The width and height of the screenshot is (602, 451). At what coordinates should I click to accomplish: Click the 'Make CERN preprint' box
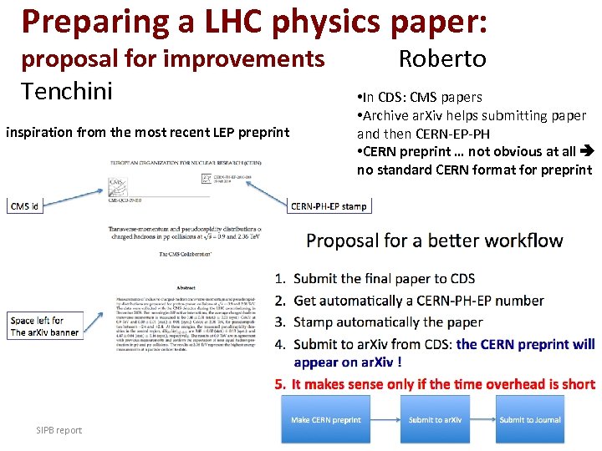(325, 420)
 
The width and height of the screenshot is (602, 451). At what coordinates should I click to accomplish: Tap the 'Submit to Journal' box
(530, 420)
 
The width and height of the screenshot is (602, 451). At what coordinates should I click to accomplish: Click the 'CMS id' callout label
(25, 206)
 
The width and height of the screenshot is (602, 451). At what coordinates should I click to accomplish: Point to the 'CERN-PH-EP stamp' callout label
(328, 206)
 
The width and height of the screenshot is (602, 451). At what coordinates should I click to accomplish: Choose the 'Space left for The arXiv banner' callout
(44, 326)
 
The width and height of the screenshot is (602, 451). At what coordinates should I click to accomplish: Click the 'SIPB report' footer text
(59, 430)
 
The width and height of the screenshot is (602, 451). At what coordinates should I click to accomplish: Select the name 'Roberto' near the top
(442, 59)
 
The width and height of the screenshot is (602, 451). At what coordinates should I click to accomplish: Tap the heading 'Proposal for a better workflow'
(435, 241)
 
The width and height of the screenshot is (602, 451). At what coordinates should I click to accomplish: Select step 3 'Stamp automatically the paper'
(388, 322)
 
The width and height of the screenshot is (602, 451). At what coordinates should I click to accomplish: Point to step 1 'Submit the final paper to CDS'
(384, 278)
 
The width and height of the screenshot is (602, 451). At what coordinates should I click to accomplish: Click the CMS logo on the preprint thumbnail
(117, 185)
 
